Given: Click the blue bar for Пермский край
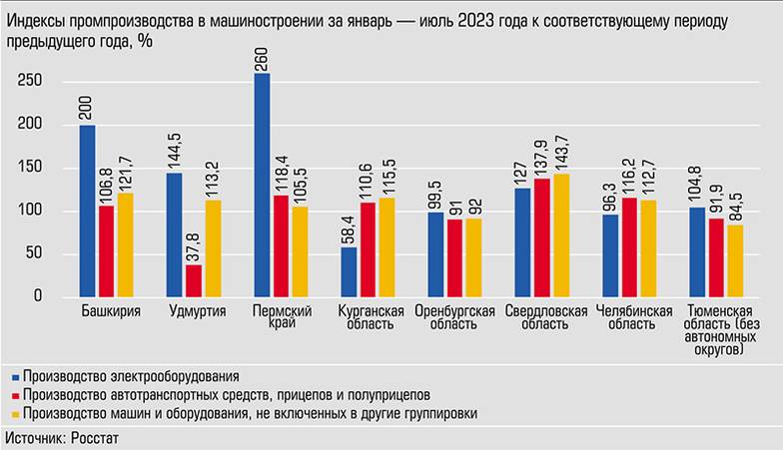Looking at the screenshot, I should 262,186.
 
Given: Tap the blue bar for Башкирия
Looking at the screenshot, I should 88,211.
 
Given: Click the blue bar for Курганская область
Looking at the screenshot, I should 349,271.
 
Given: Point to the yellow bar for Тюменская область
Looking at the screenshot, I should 735,260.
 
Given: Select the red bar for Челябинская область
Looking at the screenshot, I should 629,246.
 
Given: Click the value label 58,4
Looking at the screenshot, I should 349,226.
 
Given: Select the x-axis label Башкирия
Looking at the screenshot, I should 110,311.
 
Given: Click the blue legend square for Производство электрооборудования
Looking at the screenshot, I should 14,377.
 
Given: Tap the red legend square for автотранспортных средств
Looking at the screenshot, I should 14,395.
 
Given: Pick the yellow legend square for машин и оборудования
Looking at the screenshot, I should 14,413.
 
